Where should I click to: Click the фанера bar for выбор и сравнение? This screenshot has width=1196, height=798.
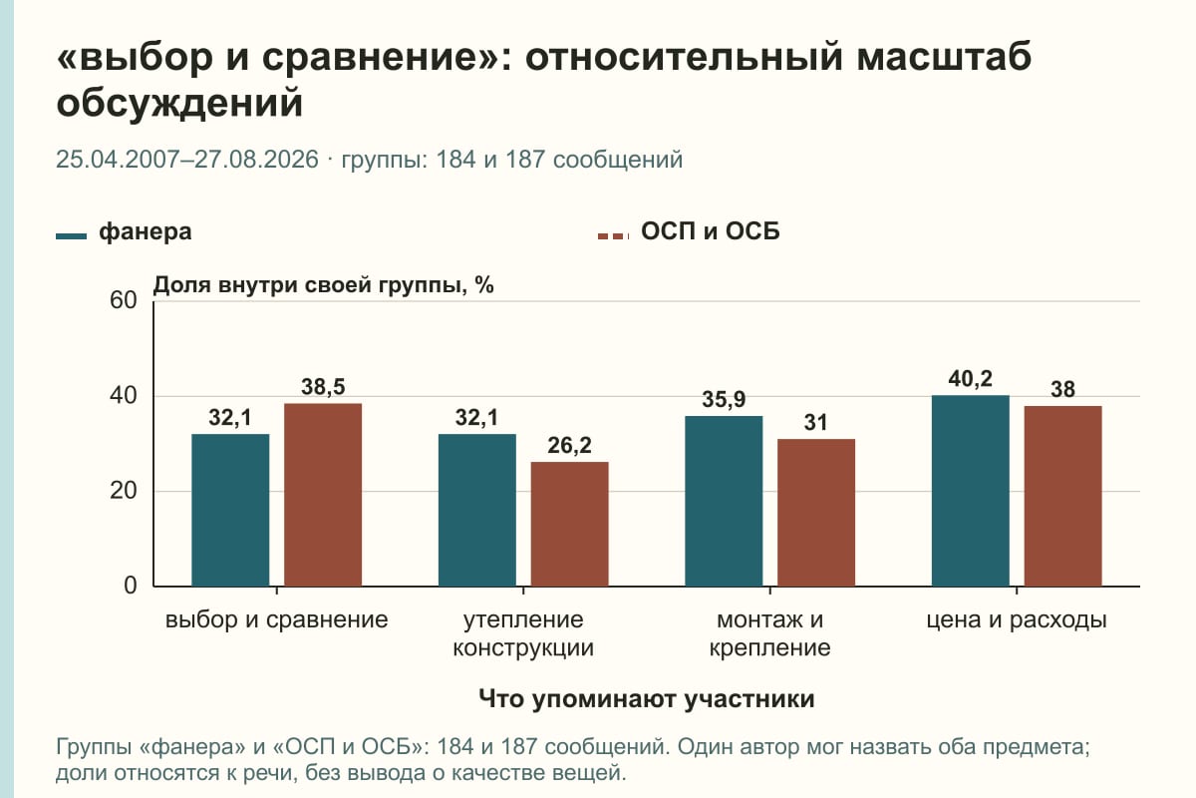[x=230, y=510]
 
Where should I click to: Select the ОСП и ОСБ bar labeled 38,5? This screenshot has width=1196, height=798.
[x=323, y=495]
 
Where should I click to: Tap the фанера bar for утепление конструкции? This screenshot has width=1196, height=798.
[x=476, y=510]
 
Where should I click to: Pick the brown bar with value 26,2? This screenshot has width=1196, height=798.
[x=569, y=524]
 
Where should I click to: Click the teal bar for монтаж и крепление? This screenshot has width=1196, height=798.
[x=724, y=501]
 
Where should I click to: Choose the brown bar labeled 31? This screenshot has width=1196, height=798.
[x=816, y=513]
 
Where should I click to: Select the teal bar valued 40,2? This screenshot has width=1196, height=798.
[x=970, y=491]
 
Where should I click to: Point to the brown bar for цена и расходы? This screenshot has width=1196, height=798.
[x=1062, y=496]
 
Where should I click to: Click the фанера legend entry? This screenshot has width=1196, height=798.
[x=124, y=232]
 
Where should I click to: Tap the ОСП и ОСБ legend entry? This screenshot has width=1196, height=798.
[x=689, y=232]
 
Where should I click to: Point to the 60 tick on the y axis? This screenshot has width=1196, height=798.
[x=124, y=300]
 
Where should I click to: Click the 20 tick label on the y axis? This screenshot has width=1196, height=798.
[x=124, y=491]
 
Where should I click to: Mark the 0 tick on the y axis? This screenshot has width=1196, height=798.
[x=131, y=586]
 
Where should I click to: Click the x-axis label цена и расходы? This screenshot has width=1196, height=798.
[x=1016, y=620]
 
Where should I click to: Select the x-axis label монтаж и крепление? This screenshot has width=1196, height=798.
[x=769, y=633]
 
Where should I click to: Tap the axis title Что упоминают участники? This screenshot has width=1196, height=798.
[x=646, y=699]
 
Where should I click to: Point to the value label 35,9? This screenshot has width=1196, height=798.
[x=724, y=399]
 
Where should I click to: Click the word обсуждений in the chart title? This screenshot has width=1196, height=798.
[x=180, y=102]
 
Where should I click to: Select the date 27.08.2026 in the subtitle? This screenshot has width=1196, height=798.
[x=256, y=160]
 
